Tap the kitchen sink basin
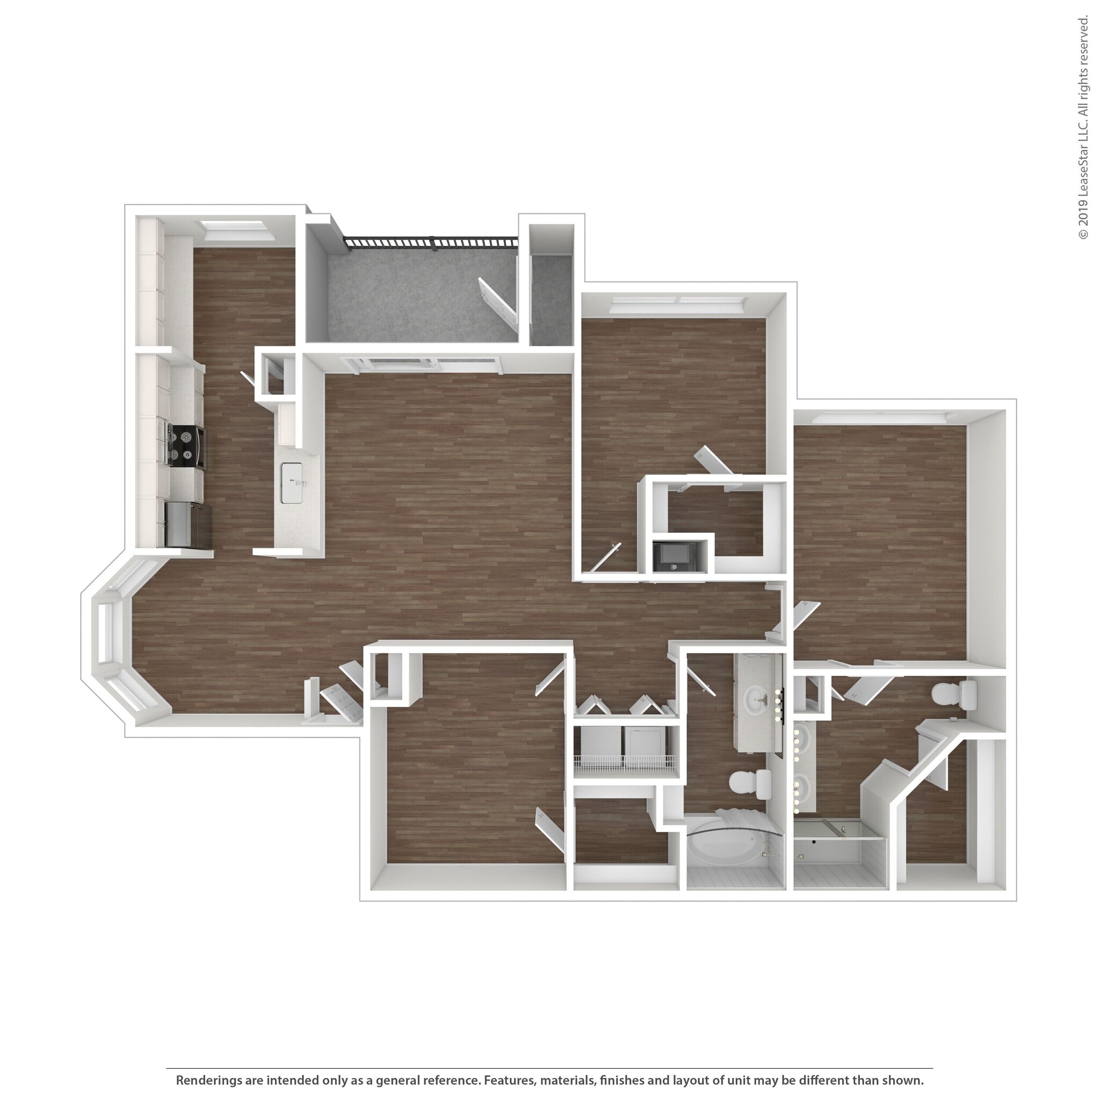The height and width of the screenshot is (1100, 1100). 292,483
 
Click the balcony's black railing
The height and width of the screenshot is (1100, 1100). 431,243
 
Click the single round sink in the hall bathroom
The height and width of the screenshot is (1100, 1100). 758,696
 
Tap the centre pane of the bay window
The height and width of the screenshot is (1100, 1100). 106,633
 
